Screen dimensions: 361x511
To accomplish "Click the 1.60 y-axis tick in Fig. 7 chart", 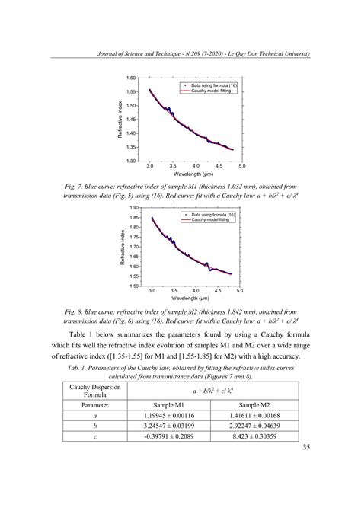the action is tap(132, 78).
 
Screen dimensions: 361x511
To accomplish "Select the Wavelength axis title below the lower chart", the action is tap(195, 299).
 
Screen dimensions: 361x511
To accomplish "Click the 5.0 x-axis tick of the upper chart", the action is tap(242, 164).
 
